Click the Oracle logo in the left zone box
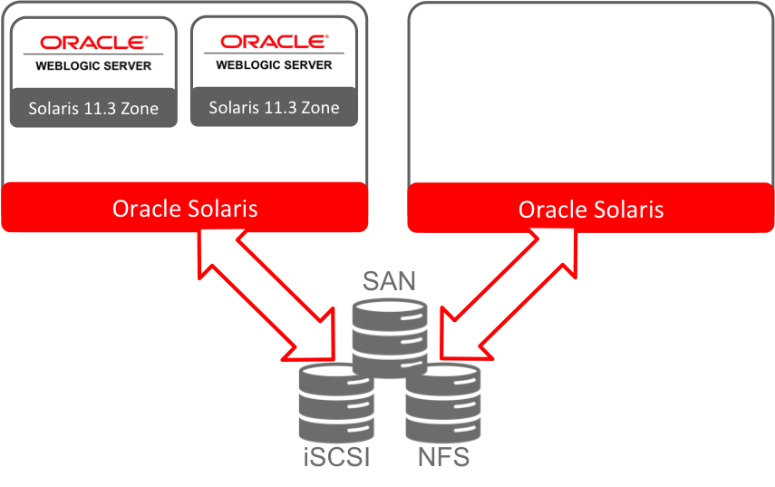(x=92, y=42)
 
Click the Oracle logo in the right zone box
(x=274, y=42)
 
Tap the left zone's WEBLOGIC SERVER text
(x=92, y=65)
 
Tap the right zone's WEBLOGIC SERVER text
(x=274, y=65)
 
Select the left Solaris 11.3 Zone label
(x=92, y=109)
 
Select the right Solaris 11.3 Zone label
(x=274, y=107)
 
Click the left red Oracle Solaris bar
(x=185, y=209)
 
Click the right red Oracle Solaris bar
(x=591, y=210)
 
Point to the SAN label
(x=389, y=279)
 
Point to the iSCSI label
(x=334, y=457)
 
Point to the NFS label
(x=443, y=457)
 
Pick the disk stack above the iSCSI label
(x=335, y=404)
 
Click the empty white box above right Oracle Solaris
(x=591, y=91)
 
